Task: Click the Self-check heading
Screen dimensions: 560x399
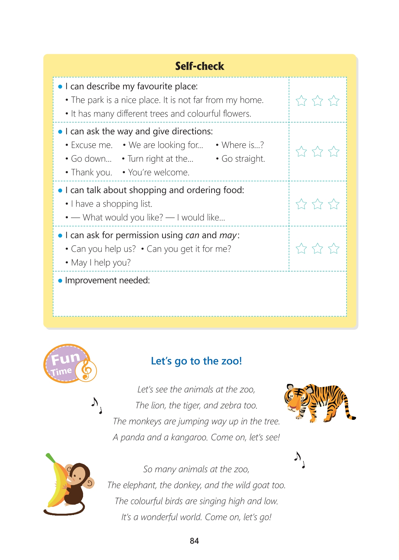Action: (x=200, y=66)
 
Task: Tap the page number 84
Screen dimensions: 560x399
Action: (x=194, y=541)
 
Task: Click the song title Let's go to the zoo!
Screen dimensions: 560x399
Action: (x=196, y=361)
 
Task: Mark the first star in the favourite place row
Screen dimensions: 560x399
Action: (x=301, y=101)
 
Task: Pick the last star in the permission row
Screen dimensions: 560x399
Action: (x=334, y=248)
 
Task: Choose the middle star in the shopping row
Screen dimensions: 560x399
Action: (x=317, y=204)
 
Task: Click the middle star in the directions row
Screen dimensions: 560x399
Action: (x=317, y=151)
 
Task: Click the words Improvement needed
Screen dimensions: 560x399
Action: (x=107, y=280)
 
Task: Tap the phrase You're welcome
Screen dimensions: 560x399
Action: (x=159, y=172)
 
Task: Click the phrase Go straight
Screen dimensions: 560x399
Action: (x=243, y=159)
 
